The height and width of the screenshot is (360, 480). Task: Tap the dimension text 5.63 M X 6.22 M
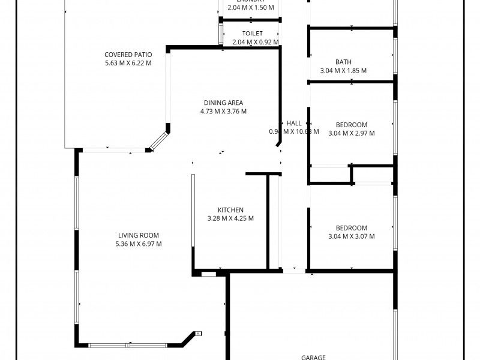127,63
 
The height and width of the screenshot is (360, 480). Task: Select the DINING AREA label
223,103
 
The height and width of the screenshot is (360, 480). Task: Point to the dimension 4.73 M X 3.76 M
223,111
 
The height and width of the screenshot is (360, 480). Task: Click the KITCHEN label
230,210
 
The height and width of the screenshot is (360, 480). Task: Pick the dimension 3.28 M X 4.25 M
230,218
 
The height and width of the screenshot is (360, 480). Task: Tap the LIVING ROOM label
138,235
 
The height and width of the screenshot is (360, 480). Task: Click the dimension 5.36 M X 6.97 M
138,244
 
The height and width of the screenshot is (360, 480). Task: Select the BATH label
343,62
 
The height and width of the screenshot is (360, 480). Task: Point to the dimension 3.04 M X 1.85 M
343,70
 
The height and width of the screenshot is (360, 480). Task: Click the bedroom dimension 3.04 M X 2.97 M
351,133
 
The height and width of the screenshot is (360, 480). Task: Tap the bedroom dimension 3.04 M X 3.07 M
351,236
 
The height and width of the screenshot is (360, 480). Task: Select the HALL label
294,123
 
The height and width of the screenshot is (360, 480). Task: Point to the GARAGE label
313,357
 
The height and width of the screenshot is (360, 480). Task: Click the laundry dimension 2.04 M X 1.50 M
251,8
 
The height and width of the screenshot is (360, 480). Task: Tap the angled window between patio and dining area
158,141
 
